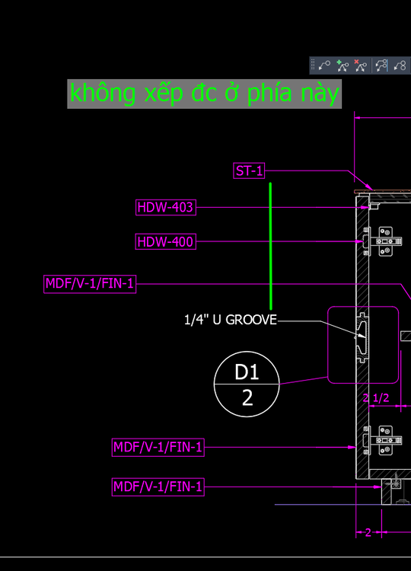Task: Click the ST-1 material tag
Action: coord(249,171)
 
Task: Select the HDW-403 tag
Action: coord(166,207)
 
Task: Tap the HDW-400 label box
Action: coord(166,241)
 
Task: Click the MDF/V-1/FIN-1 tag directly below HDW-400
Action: coord(90,284)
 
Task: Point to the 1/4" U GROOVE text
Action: coord(231,320)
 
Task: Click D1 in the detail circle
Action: coord(247,372)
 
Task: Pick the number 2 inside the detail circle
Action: coord(247,397)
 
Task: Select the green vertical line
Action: coord(270,246)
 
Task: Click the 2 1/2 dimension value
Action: coord(376,398)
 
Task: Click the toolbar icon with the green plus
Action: coord(342,66)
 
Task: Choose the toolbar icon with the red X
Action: coord(361,66)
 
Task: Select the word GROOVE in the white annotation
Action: coord(251,320)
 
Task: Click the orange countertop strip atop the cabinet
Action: coord(382,191)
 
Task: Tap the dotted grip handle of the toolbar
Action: coord(313,65)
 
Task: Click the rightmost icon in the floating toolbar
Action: coord(400,66)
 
